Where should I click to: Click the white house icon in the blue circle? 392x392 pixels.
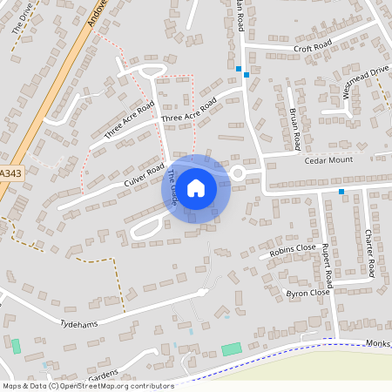tap(196, 188)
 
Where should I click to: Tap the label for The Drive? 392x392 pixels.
tap(21, 19)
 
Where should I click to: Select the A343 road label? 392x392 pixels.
tap(10, 173)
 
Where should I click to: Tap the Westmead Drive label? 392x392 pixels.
tap(365, 81)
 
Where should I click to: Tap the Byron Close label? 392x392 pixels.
tap(308, 293)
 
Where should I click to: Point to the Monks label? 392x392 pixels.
tap(379, 344)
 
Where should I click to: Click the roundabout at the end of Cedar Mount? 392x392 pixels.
tap(238, 172)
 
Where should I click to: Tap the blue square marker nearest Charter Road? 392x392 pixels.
tap(341, 192)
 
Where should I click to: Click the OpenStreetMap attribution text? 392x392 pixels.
tap(88, 386)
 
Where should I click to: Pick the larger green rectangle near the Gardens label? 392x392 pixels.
tap(231, 349)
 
